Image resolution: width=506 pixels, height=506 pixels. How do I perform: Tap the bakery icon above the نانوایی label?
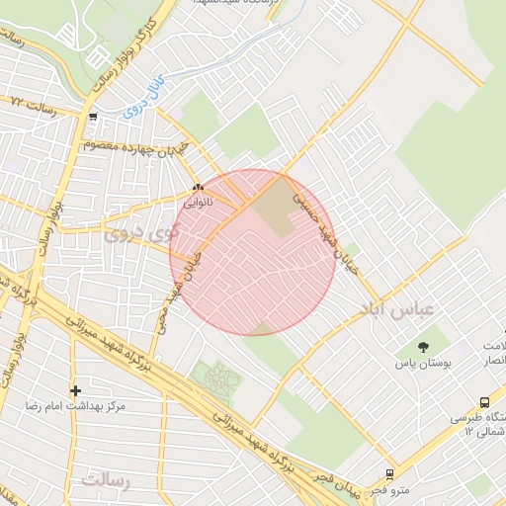click(x=198, y=186)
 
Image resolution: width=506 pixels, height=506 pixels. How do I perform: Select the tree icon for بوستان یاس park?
click(x=424, y=347)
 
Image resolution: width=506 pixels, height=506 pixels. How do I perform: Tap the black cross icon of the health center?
click(x=75, y=390)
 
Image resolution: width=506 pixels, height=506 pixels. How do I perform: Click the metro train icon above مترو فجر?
click(x=389, y=474)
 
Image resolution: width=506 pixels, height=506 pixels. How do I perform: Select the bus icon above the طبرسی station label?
click(x=484, y=402)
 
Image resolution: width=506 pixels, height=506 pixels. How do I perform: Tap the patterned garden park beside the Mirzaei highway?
click(x=214, y=379)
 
